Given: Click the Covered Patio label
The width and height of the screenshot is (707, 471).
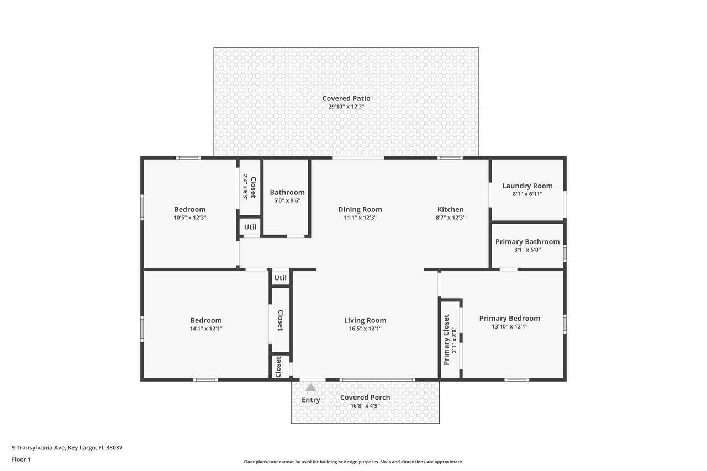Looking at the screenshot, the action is pos(346,98).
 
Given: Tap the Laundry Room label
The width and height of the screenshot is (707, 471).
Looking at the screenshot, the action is pos(527,186).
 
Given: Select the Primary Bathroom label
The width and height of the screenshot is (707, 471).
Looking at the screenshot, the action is pos(527,242).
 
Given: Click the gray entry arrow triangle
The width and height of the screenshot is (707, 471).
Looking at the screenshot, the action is pos(310,388).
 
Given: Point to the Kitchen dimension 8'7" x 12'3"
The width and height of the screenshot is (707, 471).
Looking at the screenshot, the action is pos(450,218).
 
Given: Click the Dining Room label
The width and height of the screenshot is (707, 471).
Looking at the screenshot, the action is pos(360,209).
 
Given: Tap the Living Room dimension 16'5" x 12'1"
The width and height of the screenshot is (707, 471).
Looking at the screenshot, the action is pos(365,329).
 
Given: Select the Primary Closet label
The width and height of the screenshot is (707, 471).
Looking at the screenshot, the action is pos(446,340).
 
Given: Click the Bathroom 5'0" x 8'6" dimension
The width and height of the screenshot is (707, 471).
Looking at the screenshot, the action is pos(287,200).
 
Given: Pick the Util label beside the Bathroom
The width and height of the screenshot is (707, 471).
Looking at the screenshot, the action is pos(250,227).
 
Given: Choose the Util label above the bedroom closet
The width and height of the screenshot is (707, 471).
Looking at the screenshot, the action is pos(280,278).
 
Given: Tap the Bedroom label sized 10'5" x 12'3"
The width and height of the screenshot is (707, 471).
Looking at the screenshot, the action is pos(189,209).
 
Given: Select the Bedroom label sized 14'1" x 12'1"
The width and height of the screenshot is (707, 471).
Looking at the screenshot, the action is pos(206,320).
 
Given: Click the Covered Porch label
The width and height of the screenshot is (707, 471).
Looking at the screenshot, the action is pos(365,398).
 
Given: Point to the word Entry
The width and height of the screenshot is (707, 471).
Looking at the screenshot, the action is pos(311,400).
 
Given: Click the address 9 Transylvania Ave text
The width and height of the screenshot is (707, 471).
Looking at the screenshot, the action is pos(39,448).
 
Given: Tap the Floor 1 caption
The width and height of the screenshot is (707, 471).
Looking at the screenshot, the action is pos(21,459).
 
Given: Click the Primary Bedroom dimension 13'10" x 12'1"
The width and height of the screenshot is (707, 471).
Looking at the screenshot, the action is pos(510,326).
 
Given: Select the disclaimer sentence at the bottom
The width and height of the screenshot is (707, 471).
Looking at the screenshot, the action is pos(353,462).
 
